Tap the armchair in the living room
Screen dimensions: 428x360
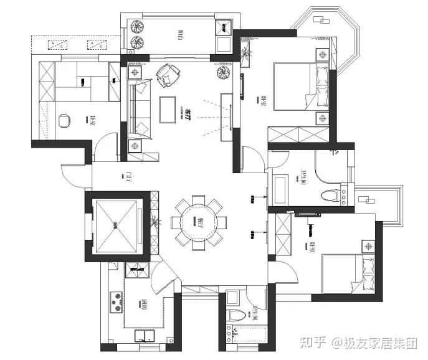(166, 75)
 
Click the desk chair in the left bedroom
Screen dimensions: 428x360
(64, 121)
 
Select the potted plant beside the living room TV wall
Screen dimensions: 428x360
(224, 74)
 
